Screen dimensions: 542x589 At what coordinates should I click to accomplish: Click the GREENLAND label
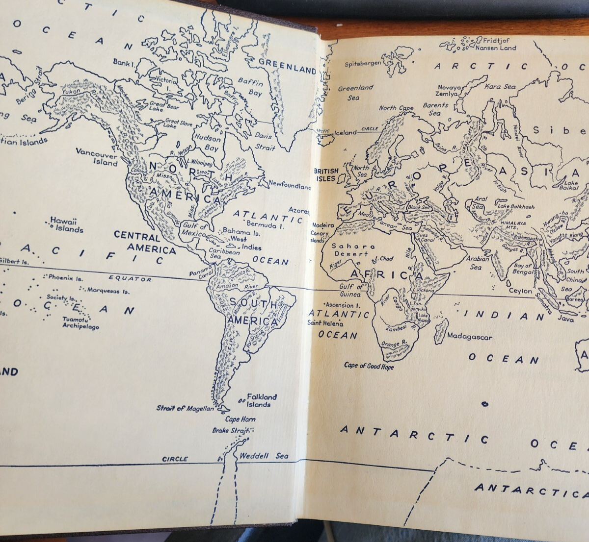(287, 66)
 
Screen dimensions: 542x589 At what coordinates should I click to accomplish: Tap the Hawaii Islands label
(66, 225)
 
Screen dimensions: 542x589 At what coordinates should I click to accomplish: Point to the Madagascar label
(469, 337)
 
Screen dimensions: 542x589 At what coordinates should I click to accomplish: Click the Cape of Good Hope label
(369, 366)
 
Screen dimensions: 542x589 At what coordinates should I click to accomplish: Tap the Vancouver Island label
(97, 156)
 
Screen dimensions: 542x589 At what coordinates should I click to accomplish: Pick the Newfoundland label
(290, 186)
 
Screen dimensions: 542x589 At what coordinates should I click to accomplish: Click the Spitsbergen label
(363, 64)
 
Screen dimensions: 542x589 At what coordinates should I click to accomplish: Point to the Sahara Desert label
(353, 250)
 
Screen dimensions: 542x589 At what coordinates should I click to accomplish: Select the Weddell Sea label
(264, 456)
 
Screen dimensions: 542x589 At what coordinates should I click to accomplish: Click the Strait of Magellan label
(185, 408)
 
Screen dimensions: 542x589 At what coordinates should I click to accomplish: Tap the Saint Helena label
(325, 323)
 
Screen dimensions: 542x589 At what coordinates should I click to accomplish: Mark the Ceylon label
(520, 291)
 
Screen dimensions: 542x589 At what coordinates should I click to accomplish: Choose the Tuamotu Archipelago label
(80, 322)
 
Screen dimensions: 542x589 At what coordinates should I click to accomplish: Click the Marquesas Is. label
(108, 291)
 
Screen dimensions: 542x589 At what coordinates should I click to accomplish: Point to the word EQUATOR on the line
(130, 278)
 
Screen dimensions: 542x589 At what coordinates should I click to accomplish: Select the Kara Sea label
(500, 87)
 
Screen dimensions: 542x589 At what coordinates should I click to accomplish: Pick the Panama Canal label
(202, 272)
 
